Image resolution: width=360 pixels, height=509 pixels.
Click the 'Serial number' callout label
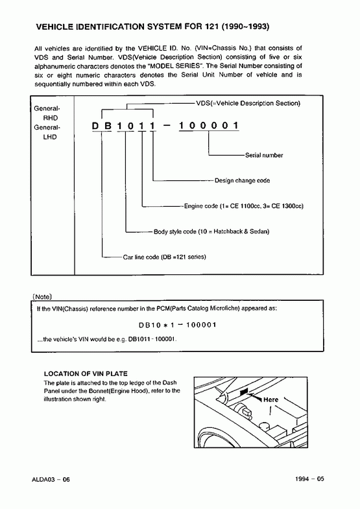point(264,155)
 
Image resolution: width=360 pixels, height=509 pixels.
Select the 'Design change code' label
point(242,180)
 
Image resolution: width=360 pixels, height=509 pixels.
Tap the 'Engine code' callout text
point(244,206)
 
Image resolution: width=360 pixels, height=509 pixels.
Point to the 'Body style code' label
point(211,231)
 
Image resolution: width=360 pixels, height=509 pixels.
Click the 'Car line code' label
point(164,257)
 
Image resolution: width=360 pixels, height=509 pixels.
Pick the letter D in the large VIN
point(95,126)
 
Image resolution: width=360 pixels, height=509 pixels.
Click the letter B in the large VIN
point(108,126)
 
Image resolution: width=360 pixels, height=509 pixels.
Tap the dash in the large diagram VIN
point(167,125)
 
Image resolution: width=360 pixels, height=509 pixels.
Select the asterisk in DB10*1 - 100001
point(165,326)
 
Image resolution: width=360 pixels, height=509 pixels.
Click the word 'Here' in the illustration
point(270,399)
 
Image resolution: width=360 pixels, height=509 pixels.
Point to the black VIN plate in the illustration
point(244,392)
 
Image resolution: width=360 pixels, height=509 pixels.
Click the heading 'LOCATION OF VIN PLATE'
point(86,373)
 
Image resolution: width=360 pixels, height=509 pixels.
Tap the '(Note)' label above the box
point(42,297)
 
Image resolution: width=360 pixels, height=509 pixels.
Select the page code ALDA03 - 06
point(51,479)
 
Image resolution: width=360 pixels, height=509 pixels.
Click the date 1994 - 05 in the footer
point(309,479)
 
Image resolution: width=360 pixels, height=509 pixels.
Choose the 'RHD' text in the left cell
point(51,118)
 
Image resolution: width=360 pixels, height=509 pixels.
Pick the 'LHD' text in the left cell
point(50,137)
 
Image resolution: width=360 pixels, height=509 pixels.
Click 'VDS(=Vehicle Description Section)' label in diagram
point(248,103)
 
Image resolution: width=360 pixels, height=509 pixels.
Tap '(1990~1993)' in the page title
point(245,27)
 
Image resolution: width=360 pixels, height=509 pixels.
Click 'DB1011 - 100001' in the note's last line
point(152,339)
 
